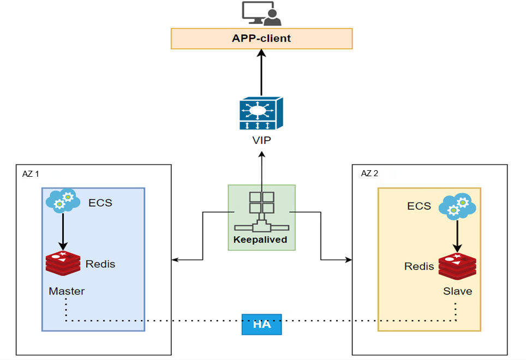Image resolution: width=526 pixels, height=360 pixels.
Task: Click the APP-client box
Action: pos(262,39)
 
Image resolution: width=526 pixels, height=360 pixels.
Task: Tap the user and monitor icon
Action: pos(262,14)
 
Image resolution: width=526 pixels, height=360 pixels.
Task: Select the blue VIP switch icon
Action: pos(261,113)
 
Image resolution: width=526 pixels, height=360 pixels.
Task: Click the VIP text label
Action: pos(262,140)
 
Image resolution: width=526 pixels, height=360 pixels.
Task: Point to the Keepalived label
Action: pos(260,239)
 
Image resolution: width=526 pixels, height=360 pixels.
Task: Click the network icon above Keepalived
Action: pos(262,212)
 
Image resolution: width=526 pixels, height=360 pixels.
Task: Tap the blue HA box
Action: pos(262,324)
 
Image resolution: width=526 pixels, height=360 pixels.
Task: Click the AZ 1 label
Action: pos(31,174)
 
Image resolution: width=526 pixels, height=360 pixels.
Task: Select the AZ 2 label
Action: pos(369,173)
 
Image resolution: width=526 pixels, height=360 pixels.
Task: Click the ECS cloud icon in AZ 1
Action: pos(63,201)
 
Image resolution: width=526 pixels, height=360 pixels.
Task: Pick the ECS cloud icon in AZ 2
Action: pos(457,206)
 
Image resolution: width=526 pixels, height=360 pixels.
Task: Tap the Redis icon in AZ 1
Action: pos(63,263)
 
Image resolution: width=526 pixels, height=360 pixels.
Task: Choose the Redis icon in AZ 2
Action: pos(457,267)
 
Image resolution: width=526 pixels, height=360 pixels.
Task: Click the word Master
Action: pos(67,291)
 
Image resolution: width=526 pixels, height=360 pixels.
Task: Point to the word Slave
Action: pos(458,291)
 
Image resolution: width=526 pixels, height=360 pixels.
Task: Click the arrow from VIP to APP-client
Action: pos(262,73)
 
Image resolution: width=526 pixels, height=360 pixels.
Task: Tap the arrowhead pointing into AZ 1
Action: pos(175,260)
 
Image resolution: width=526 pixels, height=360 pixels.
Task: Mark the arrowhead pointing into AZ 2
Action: pos(349,260)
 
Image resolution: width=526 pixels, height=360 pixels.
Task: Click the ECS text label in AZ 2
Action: pos(419,206)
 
